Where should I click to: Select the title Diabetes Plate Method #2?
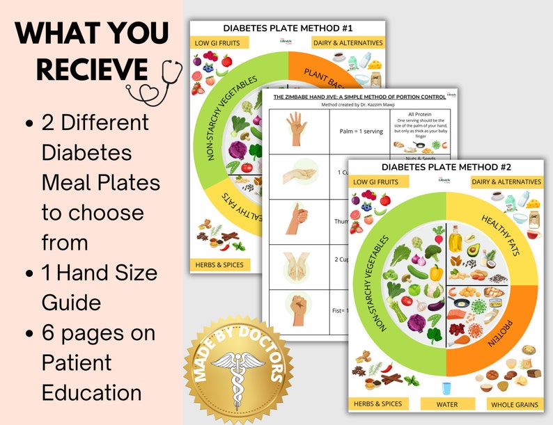(446, 167)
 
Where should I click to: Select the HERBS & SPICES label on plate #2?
(377, 404)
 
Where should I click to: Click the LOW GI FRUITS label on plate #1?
(218, 42)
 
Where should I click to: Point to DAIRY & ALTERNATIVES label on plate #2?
(515, 182)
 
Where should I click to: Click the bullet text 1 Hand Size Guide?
(100, 287)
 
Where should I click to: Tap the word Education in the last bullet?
(92, 392)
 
